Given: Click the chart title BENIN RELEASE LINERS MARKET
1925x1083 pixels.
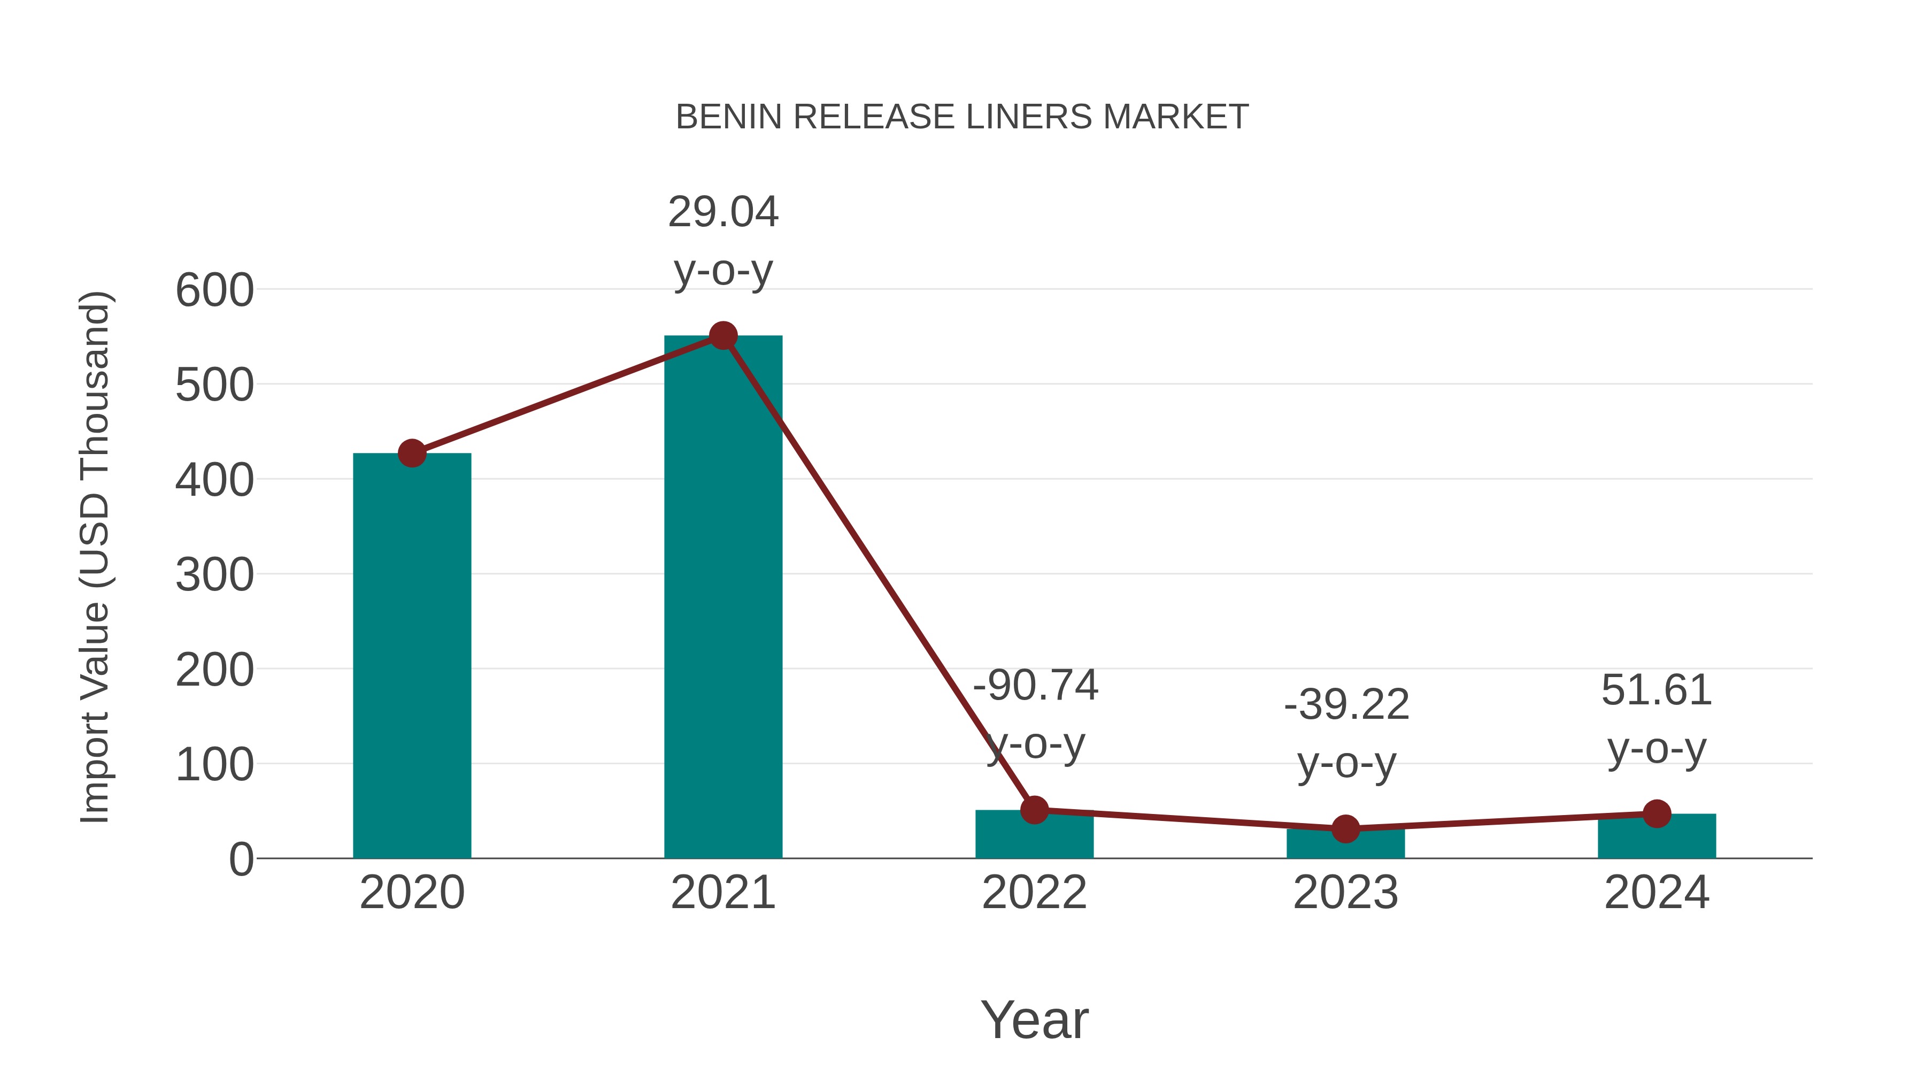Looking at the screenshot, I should [x=962, y=117].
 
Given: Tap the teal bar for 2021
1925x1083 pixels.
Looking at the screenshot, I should [x=722, y=598].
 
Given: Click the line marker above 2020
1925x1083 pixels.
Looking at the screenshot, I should [x=412, y=453].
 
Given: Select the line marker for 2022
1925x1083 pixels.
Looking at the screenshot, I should [x=1034, y=810].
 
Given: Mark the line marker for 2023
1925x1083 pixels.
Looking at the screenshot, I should [x=1345, y=829].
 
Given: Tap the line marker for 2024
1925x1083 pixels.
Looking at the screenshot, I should [x=1657, y=814].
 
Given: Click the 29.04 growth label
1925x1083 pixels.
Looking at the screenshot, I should [x=722, y=212].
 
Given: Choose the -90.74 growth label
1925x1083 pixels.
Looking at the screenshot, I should [x=1035, y=686].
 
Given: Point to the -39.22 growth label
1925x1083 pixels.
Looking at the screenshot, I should [x=1346, y=705].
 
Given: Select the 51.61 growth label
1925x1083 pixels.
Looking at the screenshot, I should [x=1657, y=690].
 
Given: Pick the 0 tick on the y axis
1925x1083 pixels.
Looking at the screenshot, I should [x=241, y=859].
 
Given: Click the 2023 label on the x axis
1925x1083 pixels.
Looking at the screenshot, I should [x=1345, y=893].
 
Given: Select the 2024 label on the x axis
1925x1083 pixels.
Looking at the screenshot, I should [x=1657, y=893].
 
